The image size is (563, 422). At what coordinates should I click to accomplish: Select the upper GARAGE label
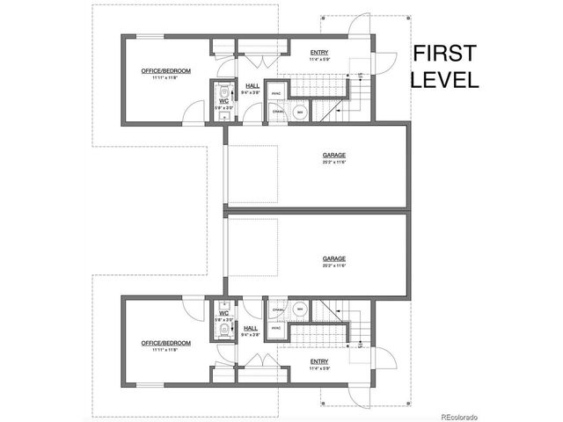(x=333, y=155)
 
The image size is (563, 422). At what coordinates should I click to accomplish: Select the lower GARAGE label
(x=333, y=258)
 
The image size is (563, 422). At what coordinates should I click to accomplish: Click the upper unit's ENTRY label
(x=319, y=53)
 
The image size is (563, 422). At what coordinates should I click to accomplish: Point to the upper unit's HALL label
(x=251, y=85)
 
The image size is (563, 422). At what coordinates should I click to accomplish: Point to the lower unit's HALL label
(x=251, y=327)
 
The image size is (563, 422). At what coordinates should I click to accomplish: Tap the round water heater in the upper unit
(x=299, y=113)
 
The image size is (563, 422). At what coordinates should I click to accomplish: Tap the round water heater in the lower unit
(x=299, y=309)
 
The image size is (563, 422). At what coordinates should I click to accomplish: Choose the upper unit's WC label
(x=223, y=102)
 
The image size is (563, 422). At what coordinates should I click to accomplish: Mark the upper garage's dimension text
(x=333, y=162)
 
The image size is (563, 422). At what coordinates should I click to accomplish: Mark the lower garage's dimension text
(x=333, y=266)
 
